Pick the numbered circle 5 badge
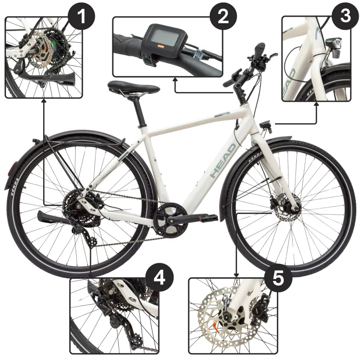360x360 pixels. point(278,278)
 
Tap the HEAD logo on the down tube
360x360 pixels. point(223,161)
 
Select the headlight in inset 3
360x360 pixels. point(333,44)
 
